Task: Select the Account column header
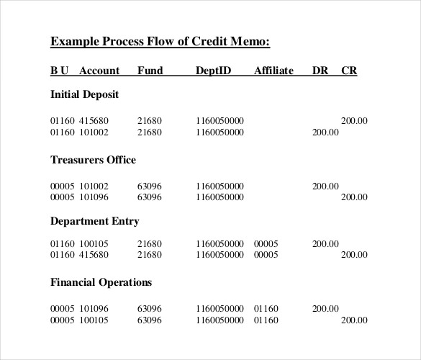(x=99, y=71)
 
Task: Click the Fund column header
(x=150, y=71)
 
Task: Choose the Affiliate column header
(x=273, y=71)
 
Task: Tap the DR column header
(x=320, y=71)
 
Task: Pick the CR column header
(x=349, y=71)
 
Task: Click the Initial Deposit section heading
(x=84, y=94)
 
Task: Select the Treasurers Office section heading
(x=93, y=160)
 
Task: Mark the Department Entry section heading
(x=94, y=221)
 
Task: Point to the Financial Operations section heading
(x=101, y=282)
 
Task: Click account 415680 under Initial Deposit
(x=94, y=121)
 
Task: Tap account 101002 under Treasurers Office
(x=94, y=186)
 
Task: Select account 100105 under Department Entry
(x=94, y=243)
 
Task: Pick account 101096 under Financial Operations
(x=94, y=309)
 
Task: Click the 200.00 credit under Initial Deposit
(x=354, y=121)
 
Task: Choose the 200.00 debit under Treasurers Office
(x=325, y=186)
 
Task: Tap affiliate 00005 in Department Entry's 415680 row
(x=266, y=254)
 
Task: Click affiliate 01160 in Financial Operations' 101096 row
(x=266, y=309)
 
